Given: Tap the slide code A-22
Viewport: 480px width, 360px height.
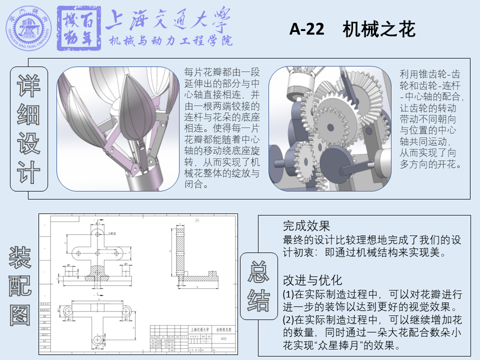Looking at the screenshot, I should (305, 30).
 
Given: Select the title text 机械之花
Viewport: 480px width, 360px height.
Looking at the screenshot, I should (379, 30).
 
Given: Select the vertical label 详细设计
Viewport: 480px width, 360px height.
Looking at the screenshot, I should (29, 129).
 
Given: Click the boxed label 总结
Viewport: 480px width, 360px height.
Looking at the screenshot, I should (258, 285).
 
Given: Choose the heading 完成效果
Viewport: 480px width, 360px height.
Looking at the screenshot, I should (306, 225).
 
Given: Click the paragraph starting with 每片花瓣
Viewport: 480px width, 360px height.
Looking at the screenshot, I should (221, 128).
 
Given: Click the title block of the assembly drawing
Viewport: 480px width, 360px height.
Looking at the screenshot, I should (193, 338).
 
